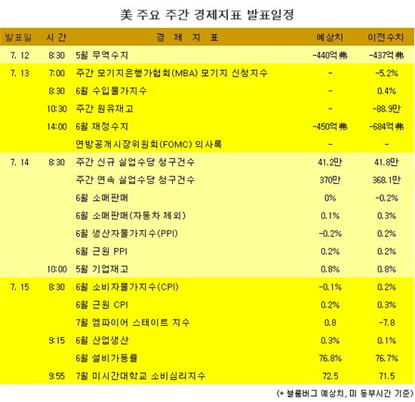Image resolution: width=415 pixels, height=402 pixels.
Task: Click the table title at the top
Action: coord(207,15)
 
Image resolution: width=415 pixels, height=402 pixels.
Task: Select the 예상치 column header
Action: coord(330,37)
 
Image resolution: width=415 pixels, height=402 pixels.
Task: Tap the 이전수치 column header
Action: coord(386,37)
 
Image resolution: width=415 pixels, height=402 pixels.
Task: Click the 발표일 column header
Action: coord(19,37)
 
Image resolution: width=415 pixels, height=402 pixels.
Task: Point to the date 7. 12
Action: coord(20,55)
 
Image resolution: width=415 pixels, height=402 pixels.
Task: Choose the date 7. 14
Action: coord(20,162)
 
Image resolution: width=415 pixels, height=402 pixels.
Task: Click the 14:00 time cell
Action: coord(57,127)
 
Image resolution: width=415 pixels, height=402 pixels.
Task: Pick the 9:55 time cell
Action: coord(57,376)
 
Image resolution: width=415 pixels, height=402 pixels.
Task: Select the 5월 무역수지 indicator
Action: coord(102,55)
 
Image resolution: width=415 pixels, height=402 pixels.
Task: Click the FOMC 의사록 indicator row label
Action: coord(149,144)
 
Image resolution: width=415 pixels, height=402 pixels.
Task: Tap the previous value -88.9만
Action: coord(386,109)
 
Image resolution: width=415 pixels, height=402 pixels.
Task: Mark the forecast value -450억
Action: coord(330,127)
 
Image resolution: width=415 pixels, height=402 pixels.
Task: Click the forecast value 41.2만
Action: coord(330,162)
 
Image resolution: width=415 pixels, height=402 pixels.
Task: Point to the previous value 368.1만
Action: coord(386,180)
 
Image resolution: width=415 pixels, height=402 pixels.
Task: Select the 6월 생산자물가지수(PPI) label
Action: coord(127,234)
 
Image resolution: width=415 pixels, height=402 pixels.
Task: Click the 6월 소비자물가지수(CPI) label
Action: coord(127,287)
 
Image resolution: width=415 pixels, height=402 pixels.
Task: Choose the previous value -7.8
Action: coord(386,323)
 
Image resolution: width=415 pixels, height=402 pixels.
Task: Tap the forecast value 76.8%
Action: coord(330,358)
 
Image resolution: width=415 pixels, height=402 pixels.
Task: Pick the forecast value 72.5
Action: coord(330,376)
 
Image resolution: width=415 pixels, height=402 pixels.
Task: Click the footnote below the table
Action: coord(345,393)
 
